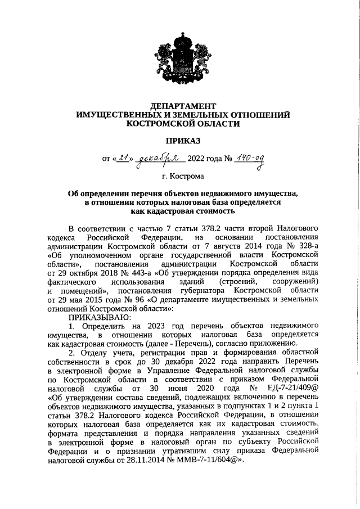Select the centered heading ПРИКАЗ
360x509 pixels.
(183, 140)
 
